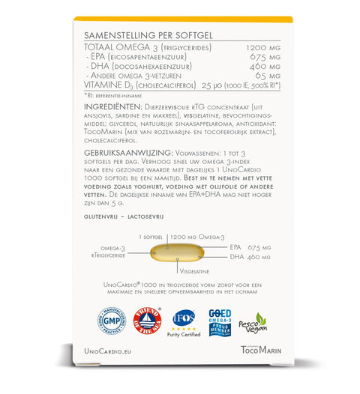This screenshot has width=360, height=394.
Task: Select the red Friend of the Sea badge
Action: [x=148, y=324]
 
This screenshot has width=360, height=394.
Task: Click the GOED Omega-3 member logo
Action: [x=220, y=323]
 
